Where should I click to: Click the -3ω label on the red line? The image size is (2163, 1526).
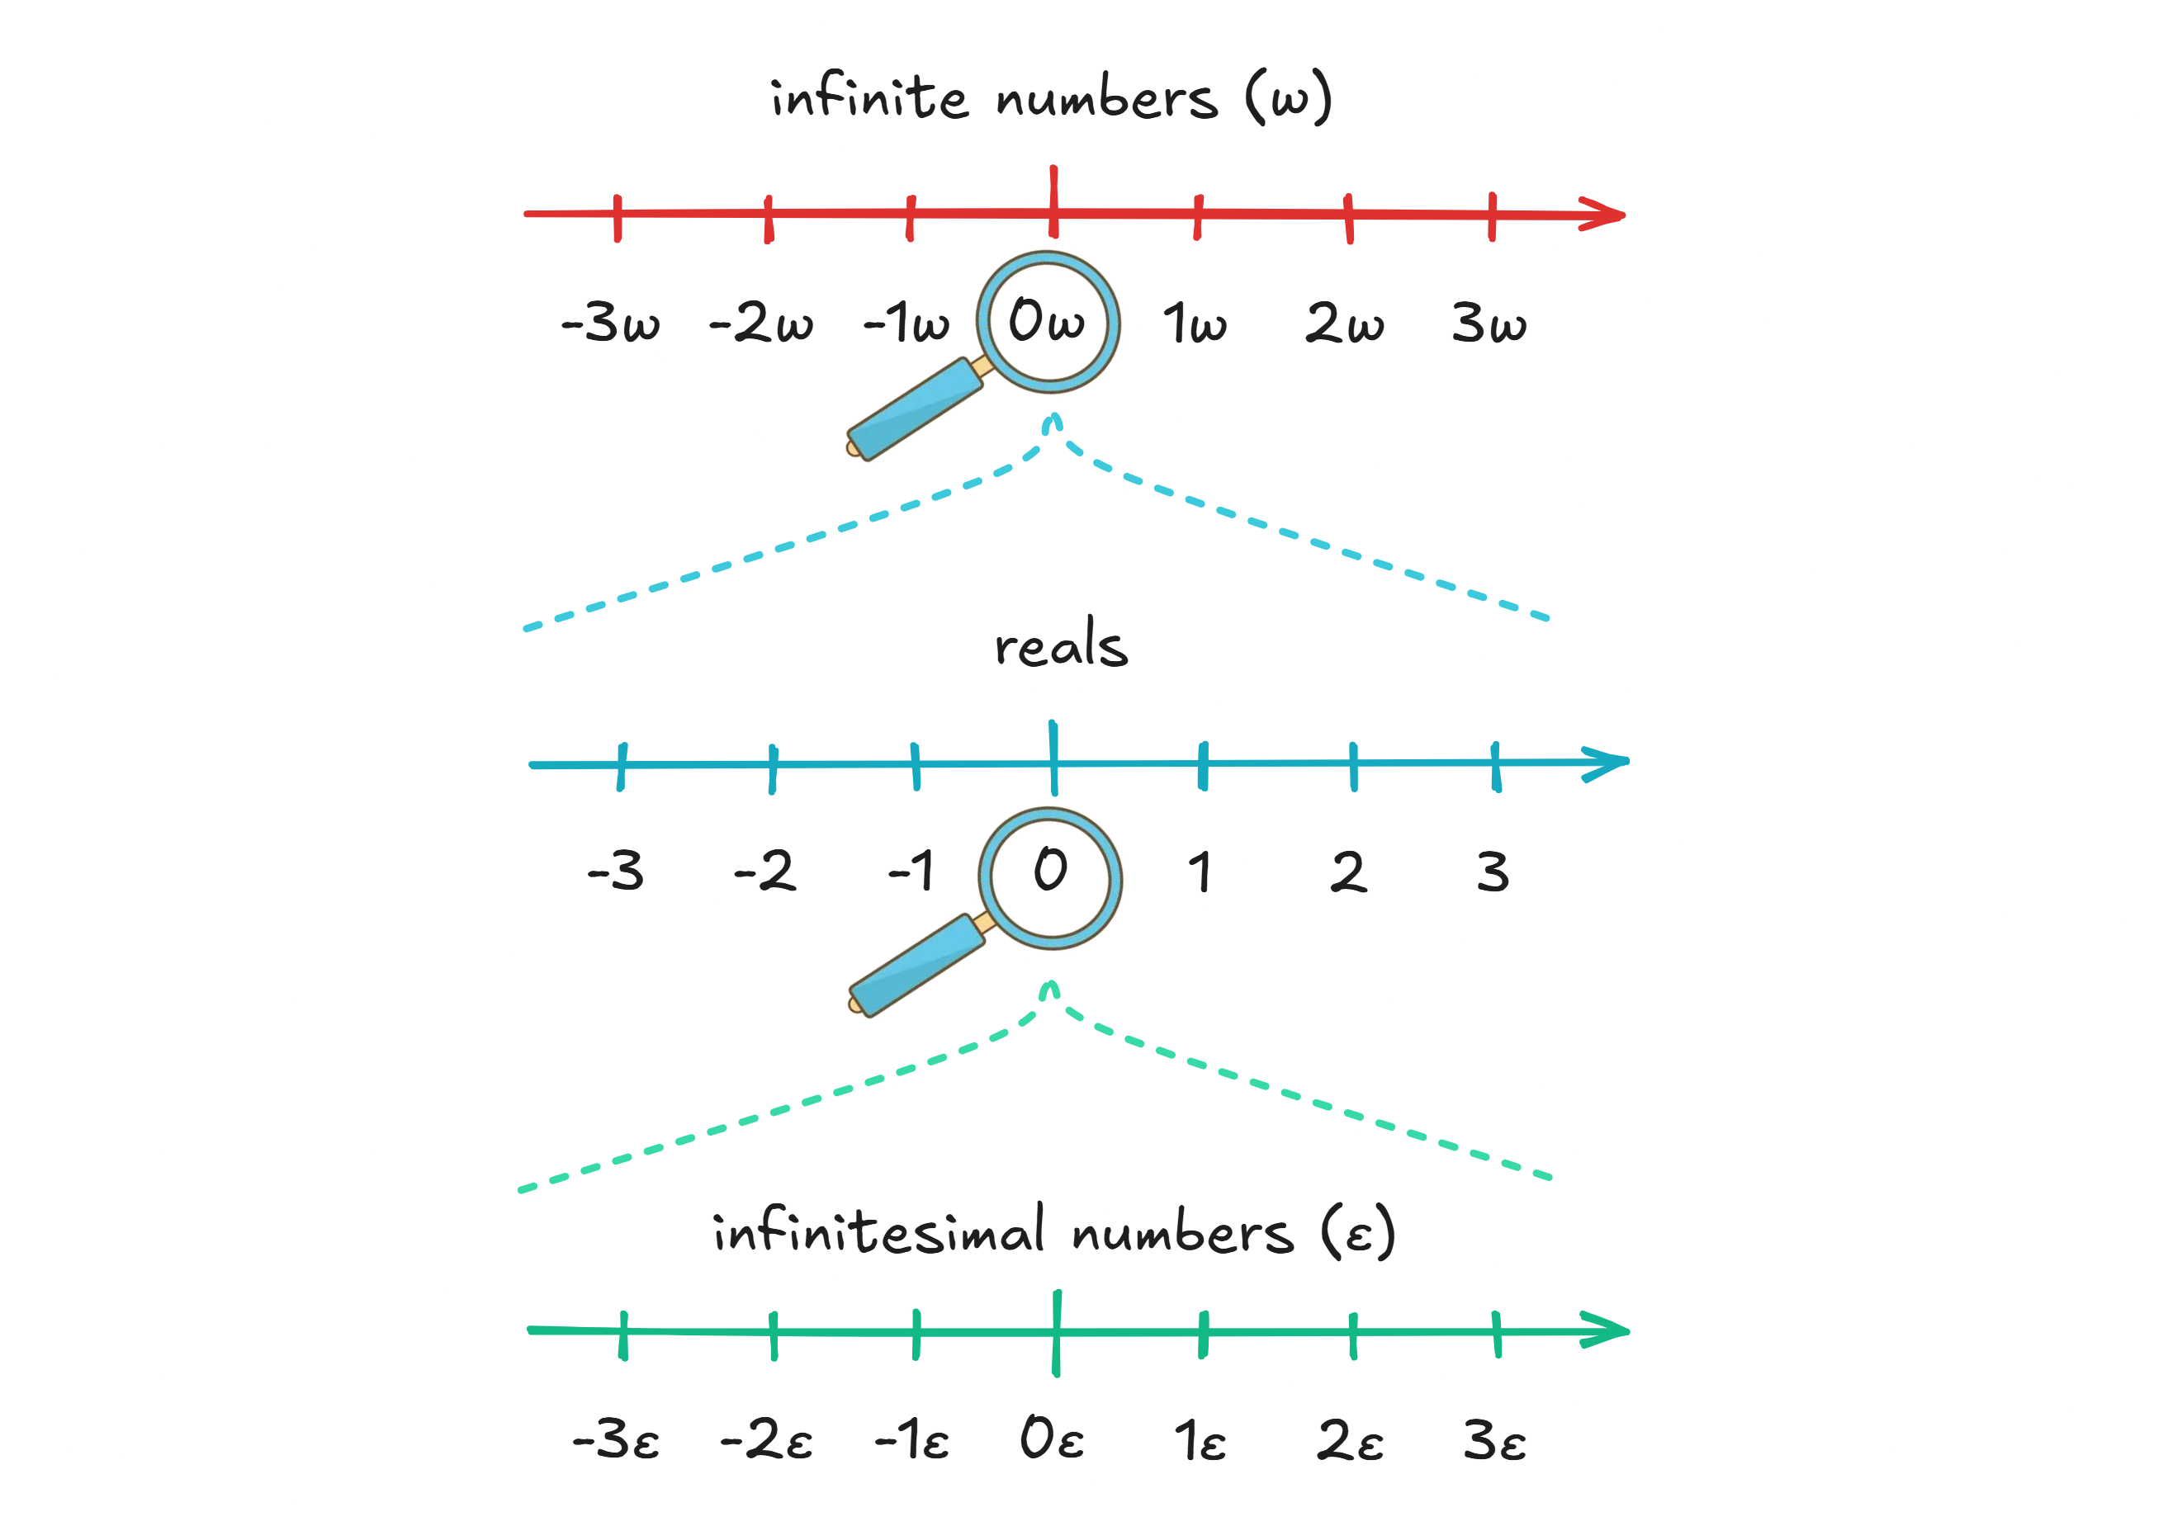coord(610,323)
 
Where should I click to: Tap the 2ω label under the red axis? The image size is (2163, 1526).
coord(1344,323)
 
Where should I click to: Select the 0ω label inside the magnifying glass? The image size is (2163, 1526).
coord(1047,320)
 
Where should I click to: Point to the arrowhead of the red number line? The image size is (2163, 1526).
coord(1607,214)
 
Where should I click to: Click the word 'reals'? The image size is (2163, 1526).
coord(1061,645)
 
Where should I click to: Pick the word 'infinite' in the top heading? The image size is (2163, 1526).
coord(869,98)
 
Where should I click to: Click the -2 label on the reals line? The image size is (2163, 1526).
coord(765,872)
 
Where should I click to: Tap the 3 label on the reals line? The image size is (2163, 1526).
coord(1493,872)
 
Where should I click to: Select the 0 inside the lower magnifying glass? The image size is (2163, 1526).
coord(1050,868)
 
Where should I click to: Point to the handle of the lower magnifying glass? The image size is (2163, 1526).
coord(917,965)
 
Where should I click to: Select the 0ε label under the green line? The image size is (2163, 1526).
coord(1051,1439)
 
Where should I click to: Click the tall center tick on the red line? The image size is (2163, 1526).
coord(1053,201)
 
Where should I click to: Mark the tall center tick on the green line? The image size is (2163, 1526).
coord(1056,1332)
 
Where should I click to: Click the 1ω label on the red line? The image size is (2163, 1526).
coord(1195,323)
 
